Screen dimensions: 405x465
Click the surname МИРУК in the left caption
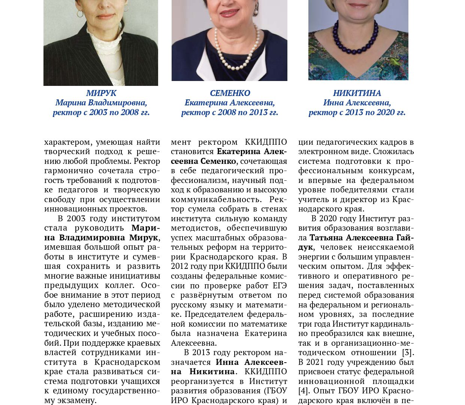pos(101,93)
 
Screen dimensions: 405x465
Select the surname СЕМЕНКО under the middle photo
pos(230,93)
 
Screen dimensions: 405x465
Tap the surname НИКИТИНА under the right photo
pos(357,93)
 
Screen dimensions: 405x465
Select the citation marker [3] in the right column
pos(408,352)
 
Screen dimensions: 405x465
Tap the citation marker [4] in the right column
pos(303,391)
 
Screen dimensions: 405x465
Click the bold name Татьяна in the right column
pos(326,238)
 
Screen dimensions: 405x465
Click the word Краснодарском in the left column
pos(127,362)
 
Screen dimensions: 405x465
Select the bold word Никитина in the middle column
pos(212,372)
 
